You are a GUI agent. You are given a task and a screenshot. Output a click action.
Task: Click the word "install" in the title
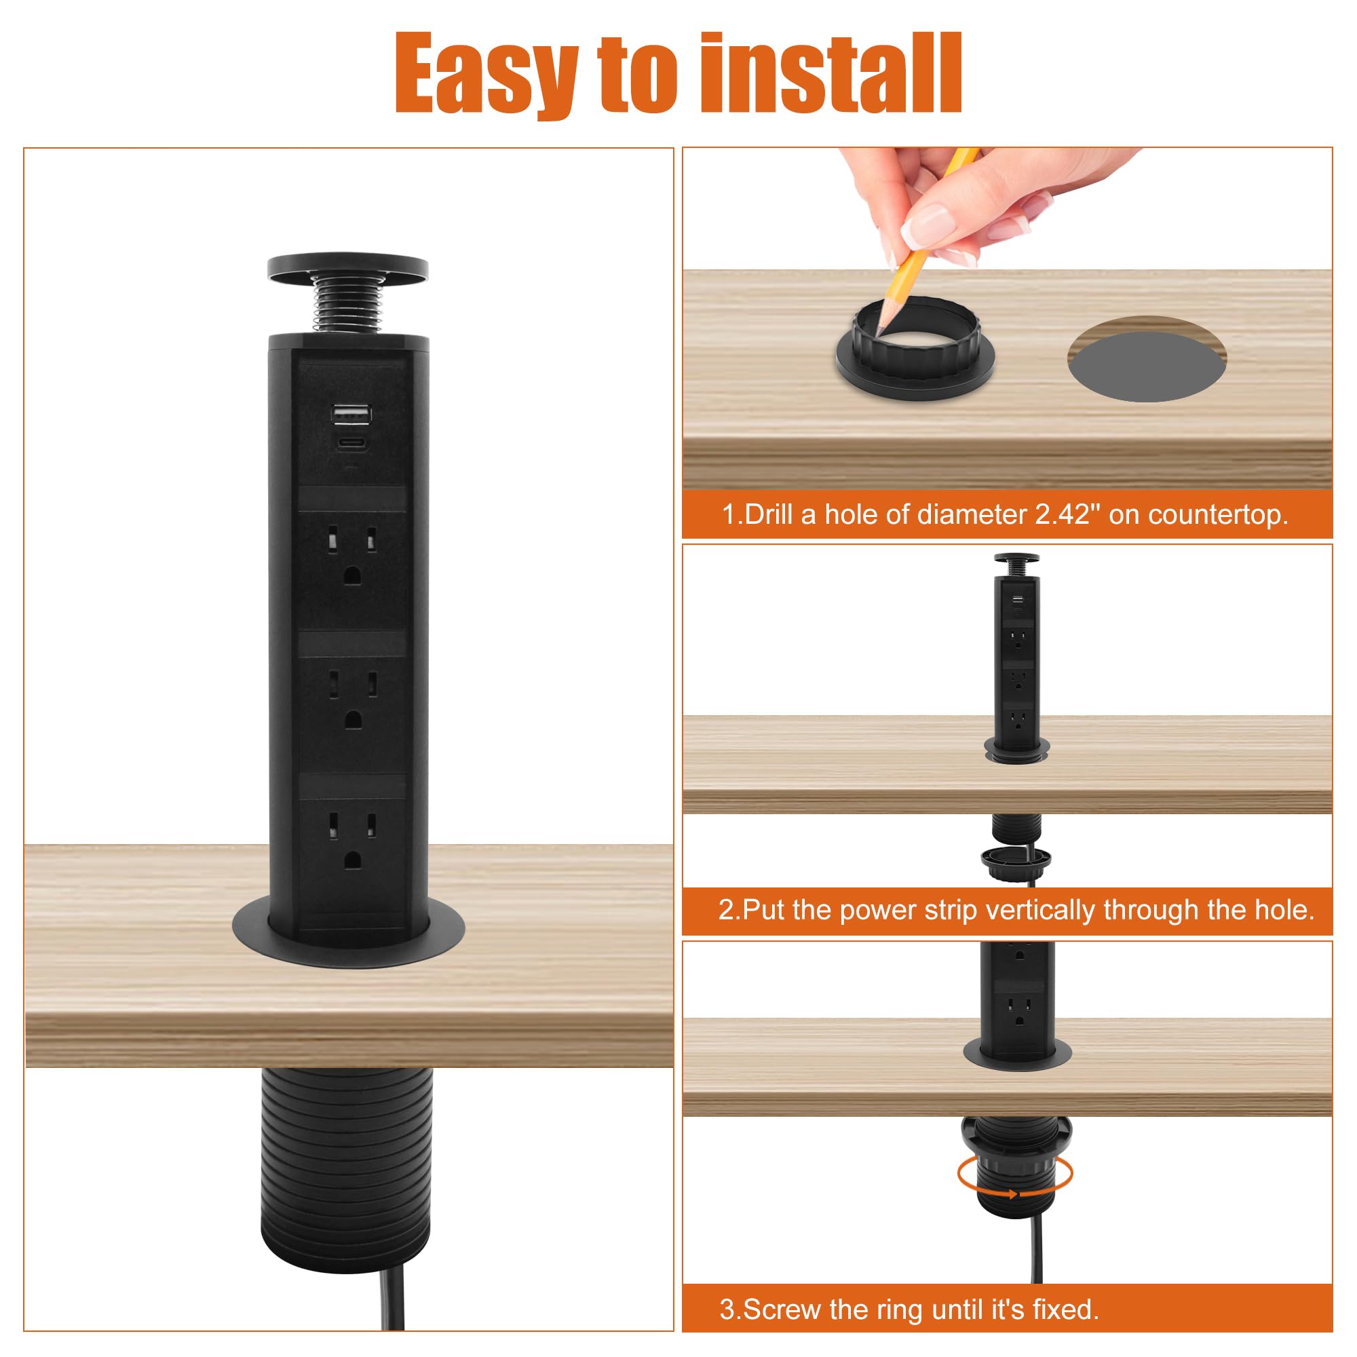831,73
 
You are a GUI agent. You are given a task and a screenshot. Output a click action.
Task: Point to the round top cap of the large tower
347,268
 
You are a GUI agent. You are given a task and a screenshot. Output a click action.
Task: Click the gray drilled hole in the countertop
1147,359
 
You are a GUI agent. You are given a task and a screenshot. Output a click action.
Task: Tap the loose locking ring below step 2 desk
1016,863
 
